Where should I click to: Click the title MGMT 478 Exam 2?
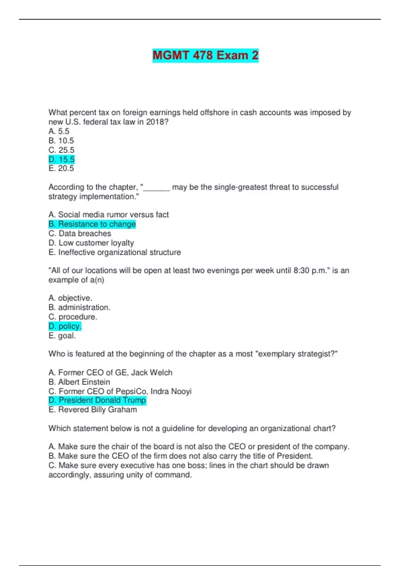click(x=205, y=55)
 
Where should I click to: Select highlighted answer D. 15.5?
click(x=62, y=159)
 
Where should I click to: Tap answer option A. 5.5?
click(x=59, y=131)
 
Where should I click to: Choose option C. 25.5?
click(x=62, y=150)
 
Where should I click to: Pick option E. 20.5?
click(x=61, y=168)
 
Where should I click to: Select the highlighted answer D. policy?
click(x=65, y=326)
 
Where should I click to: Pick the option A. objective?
click(x=70, y=298)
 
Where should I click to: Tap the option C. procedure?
click(x=73, y=317)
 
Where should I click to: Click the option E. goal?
click(x=62, y=336)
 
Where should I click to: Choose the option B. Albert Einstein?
click(x=79, y=382)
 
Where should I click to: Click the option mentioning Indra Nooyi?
click(x=120, y=391)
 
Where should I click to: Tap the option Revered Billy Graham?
click(x=93, y=410)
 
